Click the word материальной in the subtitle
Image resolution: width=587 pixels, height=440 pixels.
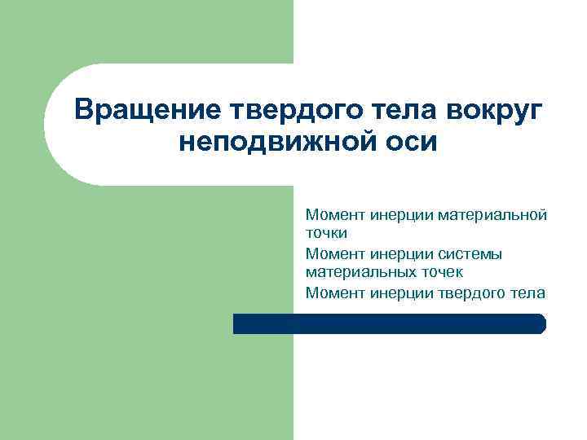(x=492, y=215)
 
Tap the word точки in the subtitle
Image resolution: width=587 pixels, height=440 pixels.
(x=326, y=233)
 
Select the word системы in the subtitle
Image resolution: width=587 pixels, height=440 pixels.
(x=472, y=253)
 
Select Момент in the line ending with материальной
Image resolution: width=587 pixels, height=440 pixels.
(x=335, y=215)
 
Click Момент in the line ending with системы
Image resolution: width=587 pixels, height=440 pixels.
(x=335, y=253)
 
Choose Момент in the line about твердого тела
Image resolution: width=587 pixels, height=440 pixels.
(x=335, y=293)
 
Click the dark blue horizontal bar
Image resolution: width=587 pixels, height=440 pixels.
(x=389, y=323)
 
